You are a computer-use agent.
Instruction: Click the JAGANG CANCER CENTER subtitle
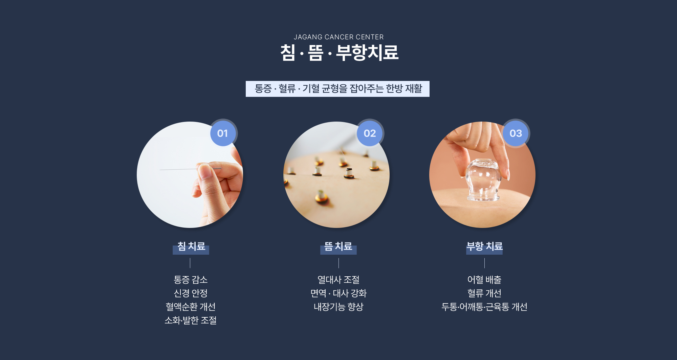tap(338, 37)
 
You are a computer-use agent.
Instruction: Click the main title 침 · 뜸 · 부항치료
tap(339, 53)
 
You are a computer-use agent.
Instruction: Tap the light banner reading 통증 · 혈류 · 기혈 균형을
tap(337, 89)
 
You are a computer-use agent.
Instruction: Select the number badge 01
tap(223, 133)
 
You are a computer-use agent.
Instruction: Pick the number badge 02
tap(370, 133)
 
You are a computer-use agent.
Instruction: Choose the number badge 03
tap(516, 133)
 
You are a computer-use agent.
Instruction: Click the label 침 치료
tap(191, 246)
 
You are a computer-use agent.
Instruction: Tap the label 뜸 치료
tap(338, 246)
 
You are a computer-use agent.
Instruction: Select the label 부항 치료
tap(484, 246)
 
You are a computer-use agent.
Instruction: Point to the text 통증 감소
tap(191, 280)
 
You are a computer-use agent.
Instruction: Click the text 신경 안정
tap(191, 293)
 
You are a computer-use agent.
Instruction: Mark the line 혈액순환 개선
tap(191, 307)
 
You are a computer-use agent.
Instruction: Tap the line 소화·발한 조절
tap(191, 320)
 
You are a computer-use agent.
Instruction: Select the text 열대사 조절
tap(338, 280)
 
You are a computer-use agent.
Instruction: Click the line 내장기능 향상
tap(338, 307)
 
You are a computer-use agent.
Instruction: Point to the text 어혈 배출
tap(484, 280)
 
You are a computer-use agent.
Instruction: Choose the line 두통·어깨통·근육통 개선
tap(484, 307)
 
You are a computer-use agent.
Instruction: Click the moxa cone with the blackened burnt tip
tap(349, 173)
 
